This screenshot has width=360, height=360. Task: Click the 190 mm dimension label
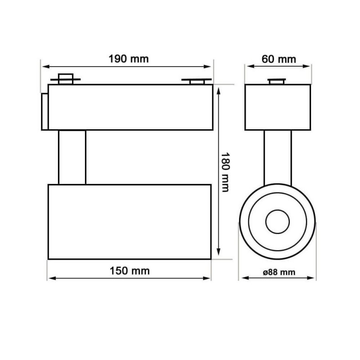point(128,58)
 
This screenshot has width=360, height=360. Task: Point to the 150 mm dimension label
point(130,271)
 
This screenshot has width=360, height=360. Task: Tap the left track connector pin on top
point(66,79)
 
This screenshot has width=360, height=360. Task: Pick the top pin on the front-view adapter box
point(278,81)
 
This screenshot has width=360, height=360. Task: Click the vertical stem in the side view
point(72,157)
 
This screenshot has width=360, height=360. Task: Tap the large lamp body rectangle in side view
point(129,221)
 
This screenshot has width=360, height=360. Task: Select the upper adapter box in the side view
point(130,107)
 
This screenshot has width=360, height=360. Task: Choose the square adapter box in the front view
point(278,107)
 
